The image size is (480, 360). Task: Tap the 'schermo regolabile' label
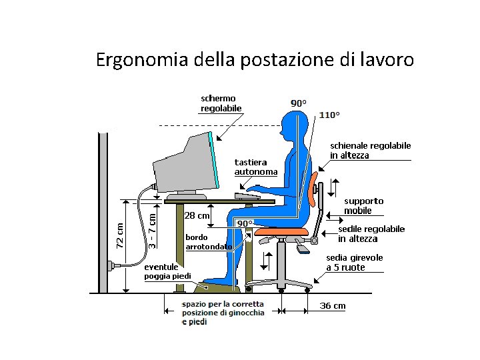pyautogui.click(x=221, y=103)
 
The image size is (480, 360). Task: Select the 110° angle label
pyautogui.click(x=329, y=115)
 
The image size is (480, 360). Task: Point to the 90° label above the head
pyautogui.click(x=299, y=103)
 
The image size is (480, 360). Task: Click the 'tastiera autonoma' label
pyautogui.click(x=255, y=167)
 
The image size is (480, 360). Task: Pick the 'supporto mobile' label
pyautogui.click(x=363, y=205)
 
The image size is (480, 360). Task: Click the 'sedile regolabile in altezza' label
pyautogui.click(x=371, y=233)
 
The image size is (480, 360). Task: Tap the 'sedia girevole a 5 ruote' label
pyautogui.click(x=354, y=262)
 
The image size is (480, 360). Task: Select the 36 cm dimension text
pyautogui.click(x=333, y=306)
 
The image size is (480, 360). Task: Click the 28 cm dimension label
pyautogui.click(x=197, y=215)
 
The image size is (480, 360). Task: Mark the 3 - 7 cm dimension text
pyautogui.click(x=153, y=230)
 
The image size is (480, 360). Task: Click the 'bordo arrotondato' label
pyautogui.click(x=208, y=241)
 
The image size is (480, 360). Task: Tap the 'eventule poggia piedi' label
pyautogui.click(x=167, y=271)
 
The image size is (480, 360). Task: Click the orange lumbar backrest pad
pyautogui.click(x=313, y=188)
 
